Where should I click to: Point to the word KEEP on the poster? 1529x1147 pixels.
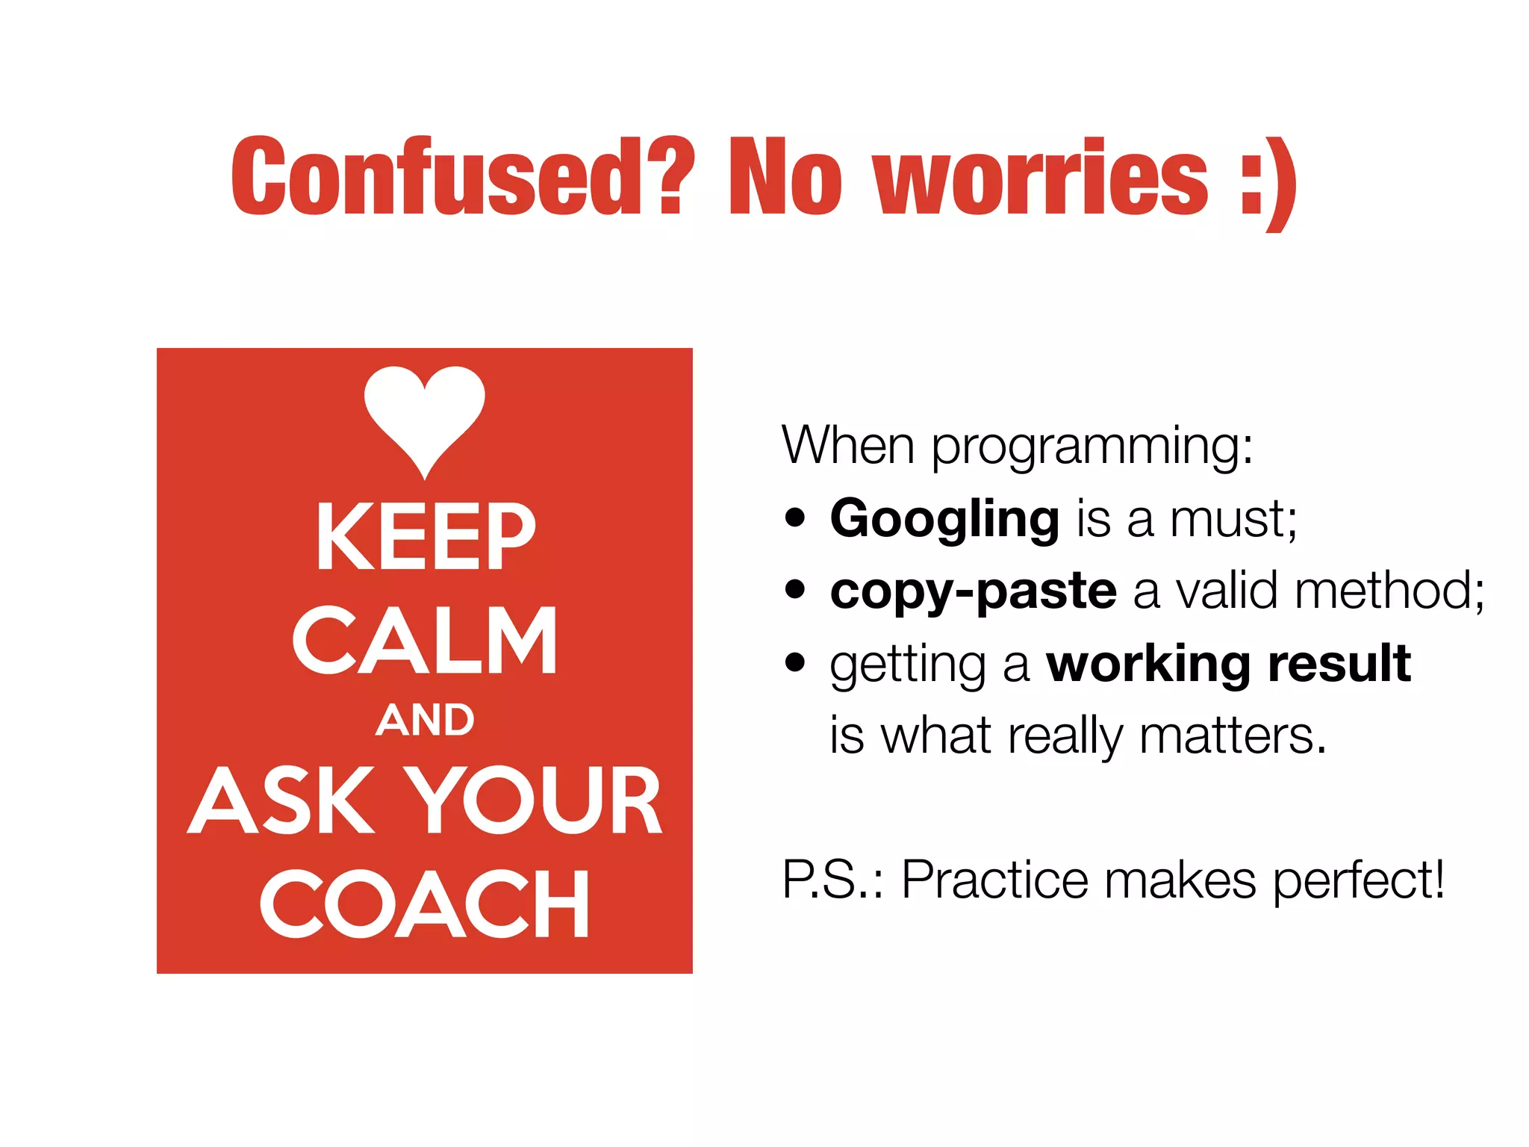click(426, 536)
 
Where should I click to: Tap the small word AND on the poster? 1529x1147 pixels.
click(425, 720)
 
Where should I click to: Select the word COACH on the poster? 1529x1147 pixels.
click(425, 904)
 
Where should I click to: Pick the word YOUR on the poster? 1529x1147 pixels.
click(533, 801)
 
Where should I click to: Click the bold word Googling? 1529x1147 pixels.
click(944, 519)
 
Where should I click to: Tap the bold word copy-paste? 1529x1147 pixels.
click(973, 591)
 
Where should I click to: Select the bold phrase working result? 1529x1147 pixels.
click(1228, 663)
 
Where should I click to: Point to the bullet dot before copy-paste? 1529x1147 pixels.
click(796, 590)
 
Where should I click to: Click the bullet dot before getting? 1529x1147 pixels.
click(796, 662)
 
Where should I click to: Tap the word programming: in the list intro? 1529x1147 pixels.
click(1092, 447)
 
